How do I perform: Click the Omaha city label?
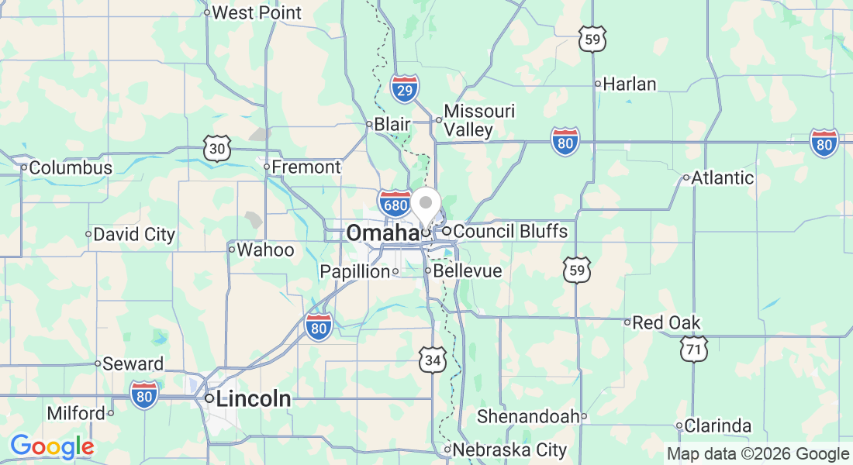click(382, 232)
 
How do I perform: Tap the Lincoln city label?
click(254, 399)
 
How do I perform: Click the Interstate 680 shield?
click(395, 203)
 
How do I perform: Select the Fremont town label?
click(306, 167)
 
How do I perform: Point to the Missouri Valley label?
click(478, 120)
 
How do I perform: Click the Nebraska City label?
click(509, 449)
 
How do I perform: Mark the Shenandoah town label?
click(528, 416)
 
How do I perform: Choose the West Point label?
click(256, 12)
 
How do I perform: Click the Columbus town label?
click(71, 167)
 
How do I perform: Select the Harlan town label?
click(629, 84)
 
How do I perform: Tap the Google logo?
click(52, 446)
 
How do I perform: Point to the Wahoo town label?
click(265, 250)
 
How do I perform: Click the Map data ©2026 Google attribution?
click(758, 453)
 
